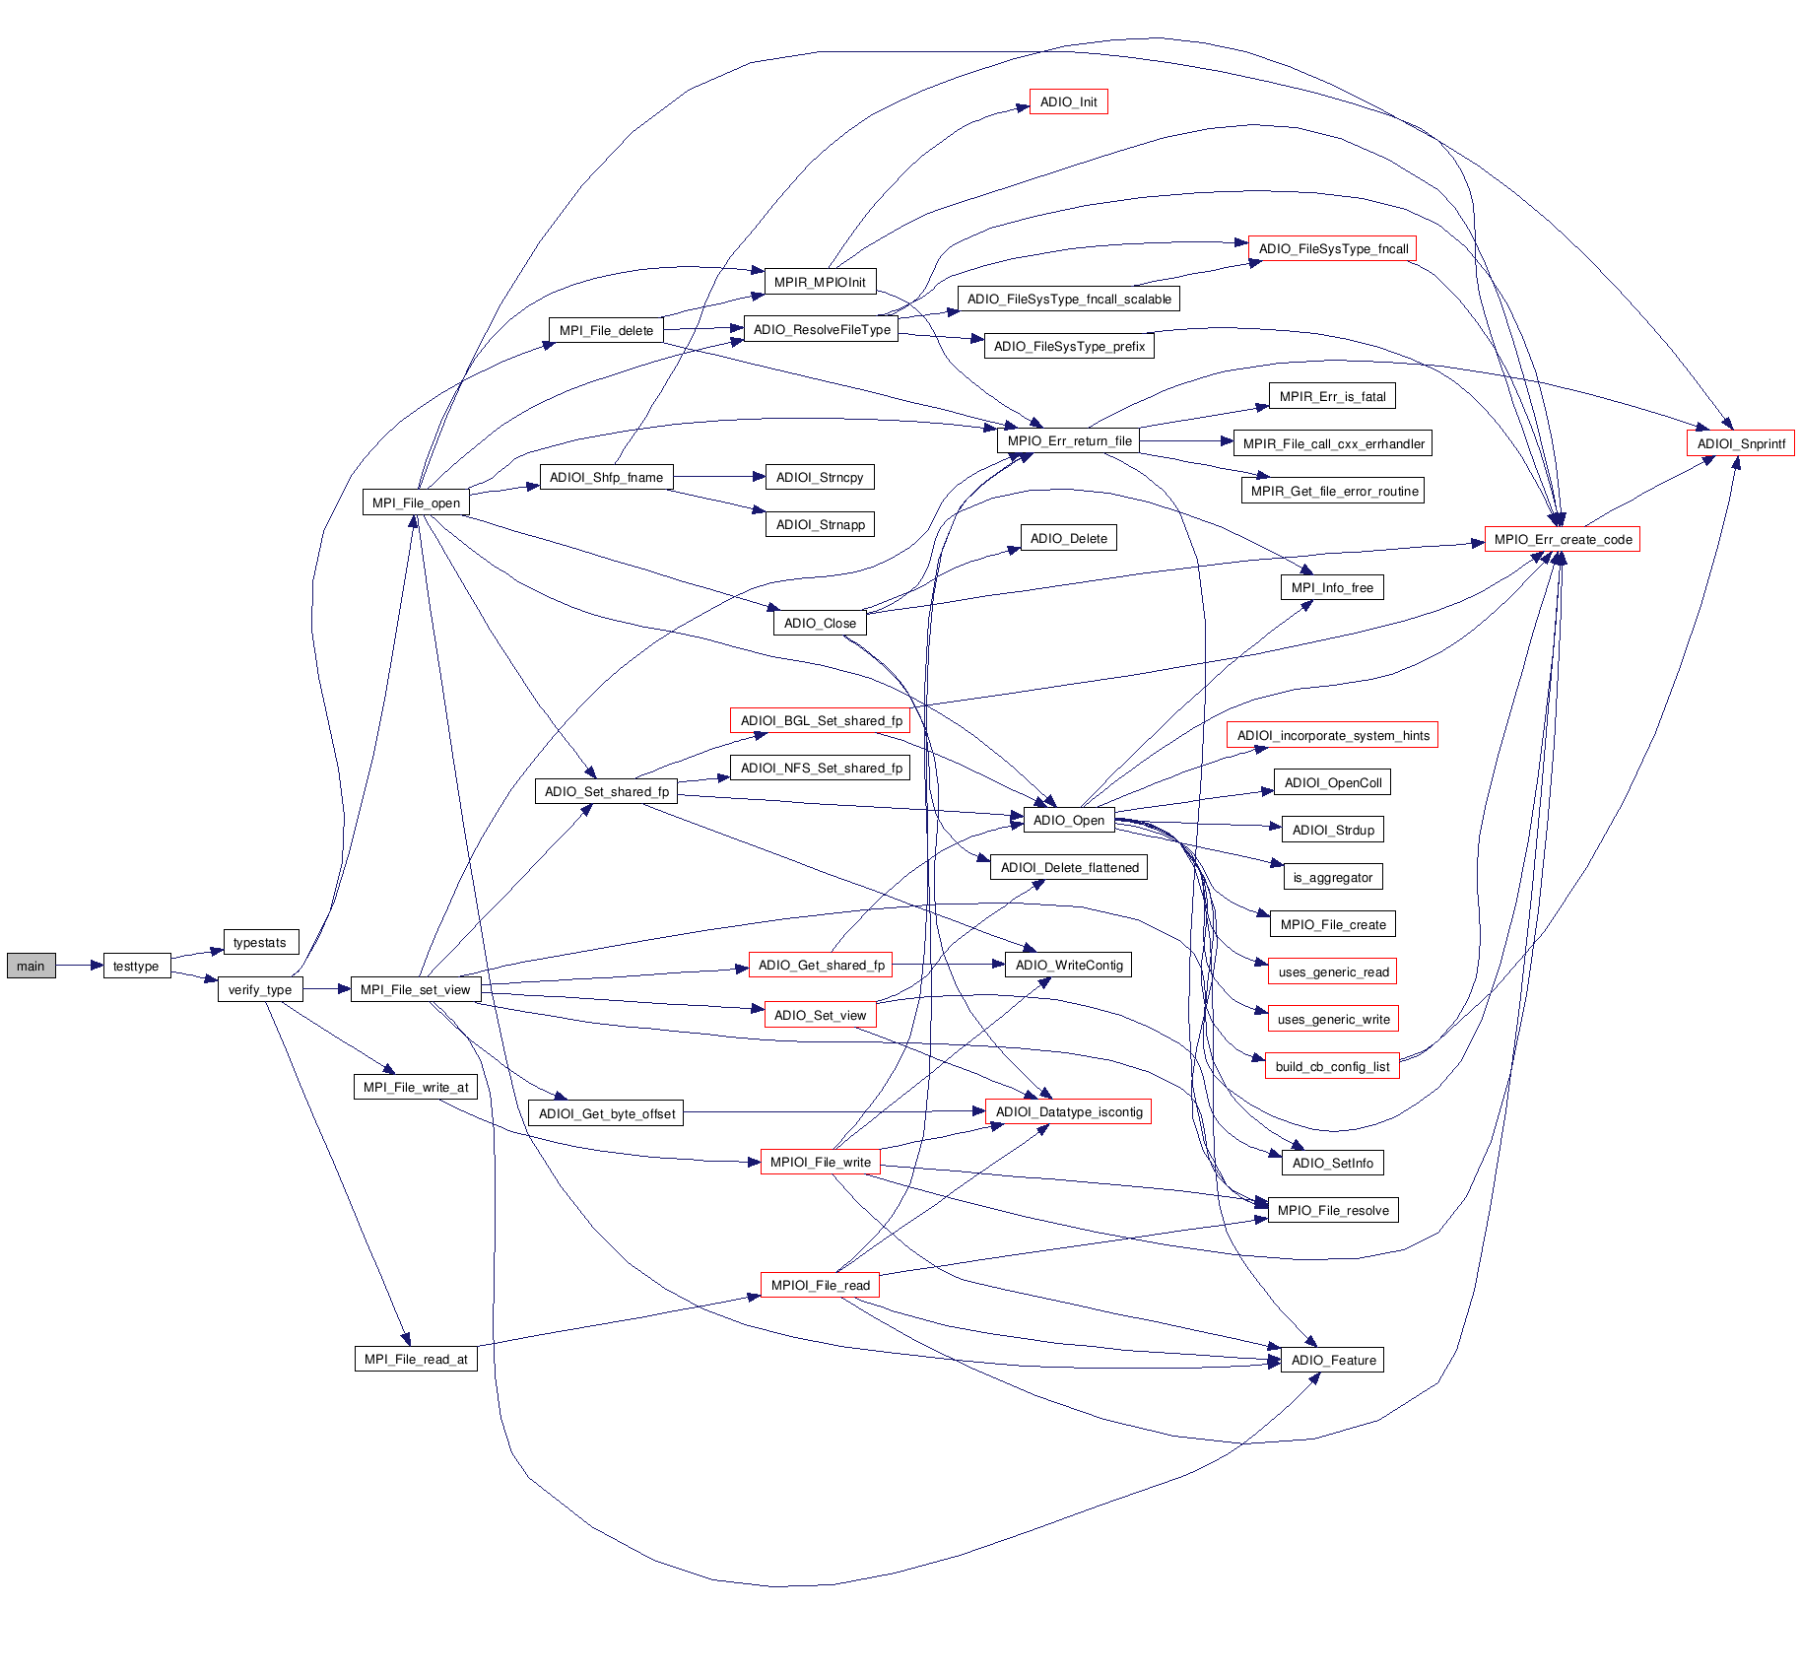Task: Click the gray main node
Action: [31, 966]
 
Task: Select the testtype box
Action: [136, 966]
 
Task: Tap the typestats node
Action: [260, 942]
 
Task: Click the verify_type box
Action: [259, 989]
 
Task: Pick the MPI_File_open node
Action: [416, 502]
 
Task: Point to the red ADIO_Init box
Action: [1068, 101]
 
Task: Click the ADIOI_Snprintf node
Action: [1740, 443]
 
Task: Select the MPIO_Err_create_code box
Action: [1562, 539]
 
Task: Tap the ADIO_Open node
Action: [1068, 820]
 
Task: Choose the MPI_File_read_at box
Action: [416, 1359]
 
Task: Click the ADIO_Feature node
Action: [1332, 1360]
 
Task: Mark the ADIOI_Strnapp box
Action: [820, 524]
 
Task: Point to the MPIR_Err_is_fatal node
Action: [1332, 396]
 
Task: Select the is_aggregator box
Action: [1332, 877]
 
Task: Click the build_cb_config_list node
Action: [1332, 1066]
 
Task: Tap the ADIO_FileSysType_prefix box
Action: [1069, 346]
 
